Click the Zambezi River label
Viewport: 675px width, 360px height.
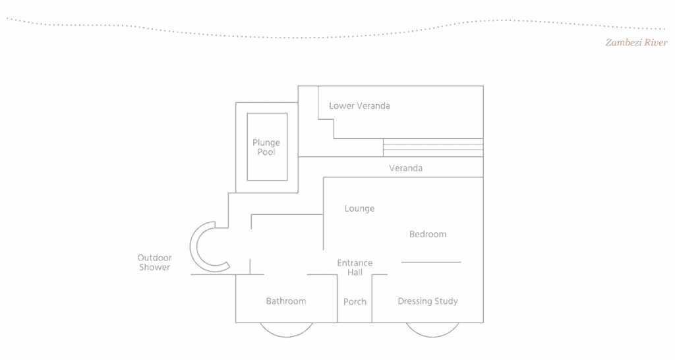click(x=636, y=43)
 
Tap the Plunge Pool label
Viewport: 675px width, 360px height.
click(x=266, y=147)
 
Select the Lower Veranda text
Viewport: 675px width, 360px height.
click(x=359, y=105)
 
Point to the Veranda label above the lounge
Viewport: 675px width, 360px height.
click(x=405, y=168)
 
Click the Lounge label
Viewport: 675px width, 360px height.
click(x=359, y=208)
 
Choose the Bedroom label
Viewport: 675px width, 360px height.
click(x=428, y=234)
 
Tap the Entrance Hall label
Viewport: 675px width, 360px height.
click(x=355, y=267)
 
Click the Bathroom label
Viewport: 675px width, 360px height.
click(x=286, y=301)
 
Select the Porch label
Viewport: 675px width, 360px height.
click(x=355, y=301)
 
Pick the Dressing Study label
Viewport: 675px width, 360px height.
click(x=428, y=301)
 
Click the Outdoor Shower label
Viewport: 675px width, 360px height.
click(x=154, y=262)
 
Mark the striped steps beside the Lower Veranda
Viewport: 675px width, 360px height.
click(x=432, y=147)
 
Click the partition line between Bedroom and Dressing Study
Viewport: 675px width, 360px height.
click(x=431, y=262)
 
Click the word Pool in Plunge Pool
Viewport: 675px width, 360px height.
click(x=266, y=152)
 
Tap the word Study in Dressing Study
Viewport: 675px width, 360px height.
click(x=445, y=301)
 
